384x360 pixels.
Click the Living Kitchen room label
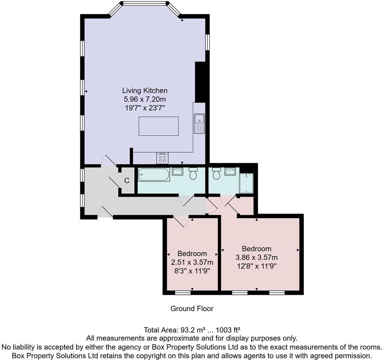(x=145, y=90)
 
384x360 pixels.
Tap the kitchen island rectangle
(x=158, y=126)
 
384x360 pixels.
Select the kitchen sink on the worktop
(x=199, y=123)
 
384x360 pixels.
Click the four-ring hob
(x=162, y=158)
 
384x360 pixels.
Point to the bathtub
(x=154, y=175)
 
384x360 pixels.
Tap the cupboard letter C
(x=127, y=181)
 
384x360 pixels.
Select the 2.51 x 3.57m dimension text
(x=192, y=262)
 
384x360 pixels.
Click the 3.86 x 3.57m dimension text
(x=256, y=257)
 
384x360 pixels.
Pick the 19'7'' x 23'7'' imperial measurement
(x=145, y=108)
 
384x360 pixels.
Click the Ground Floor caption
(x=192, y=309)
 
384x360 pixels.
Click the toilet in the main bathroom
(x=193, y=173)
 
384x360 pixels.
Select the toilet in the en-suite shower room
(x=216, y=173)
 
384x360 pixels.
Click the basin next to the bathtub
(x=177, y=172)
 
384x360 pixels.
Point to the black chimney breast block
(x=200, y=82)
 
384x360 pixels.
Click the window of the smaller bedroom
(x=183, y=292)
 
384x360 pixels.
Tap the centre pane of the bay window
(x=144, y=4)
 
